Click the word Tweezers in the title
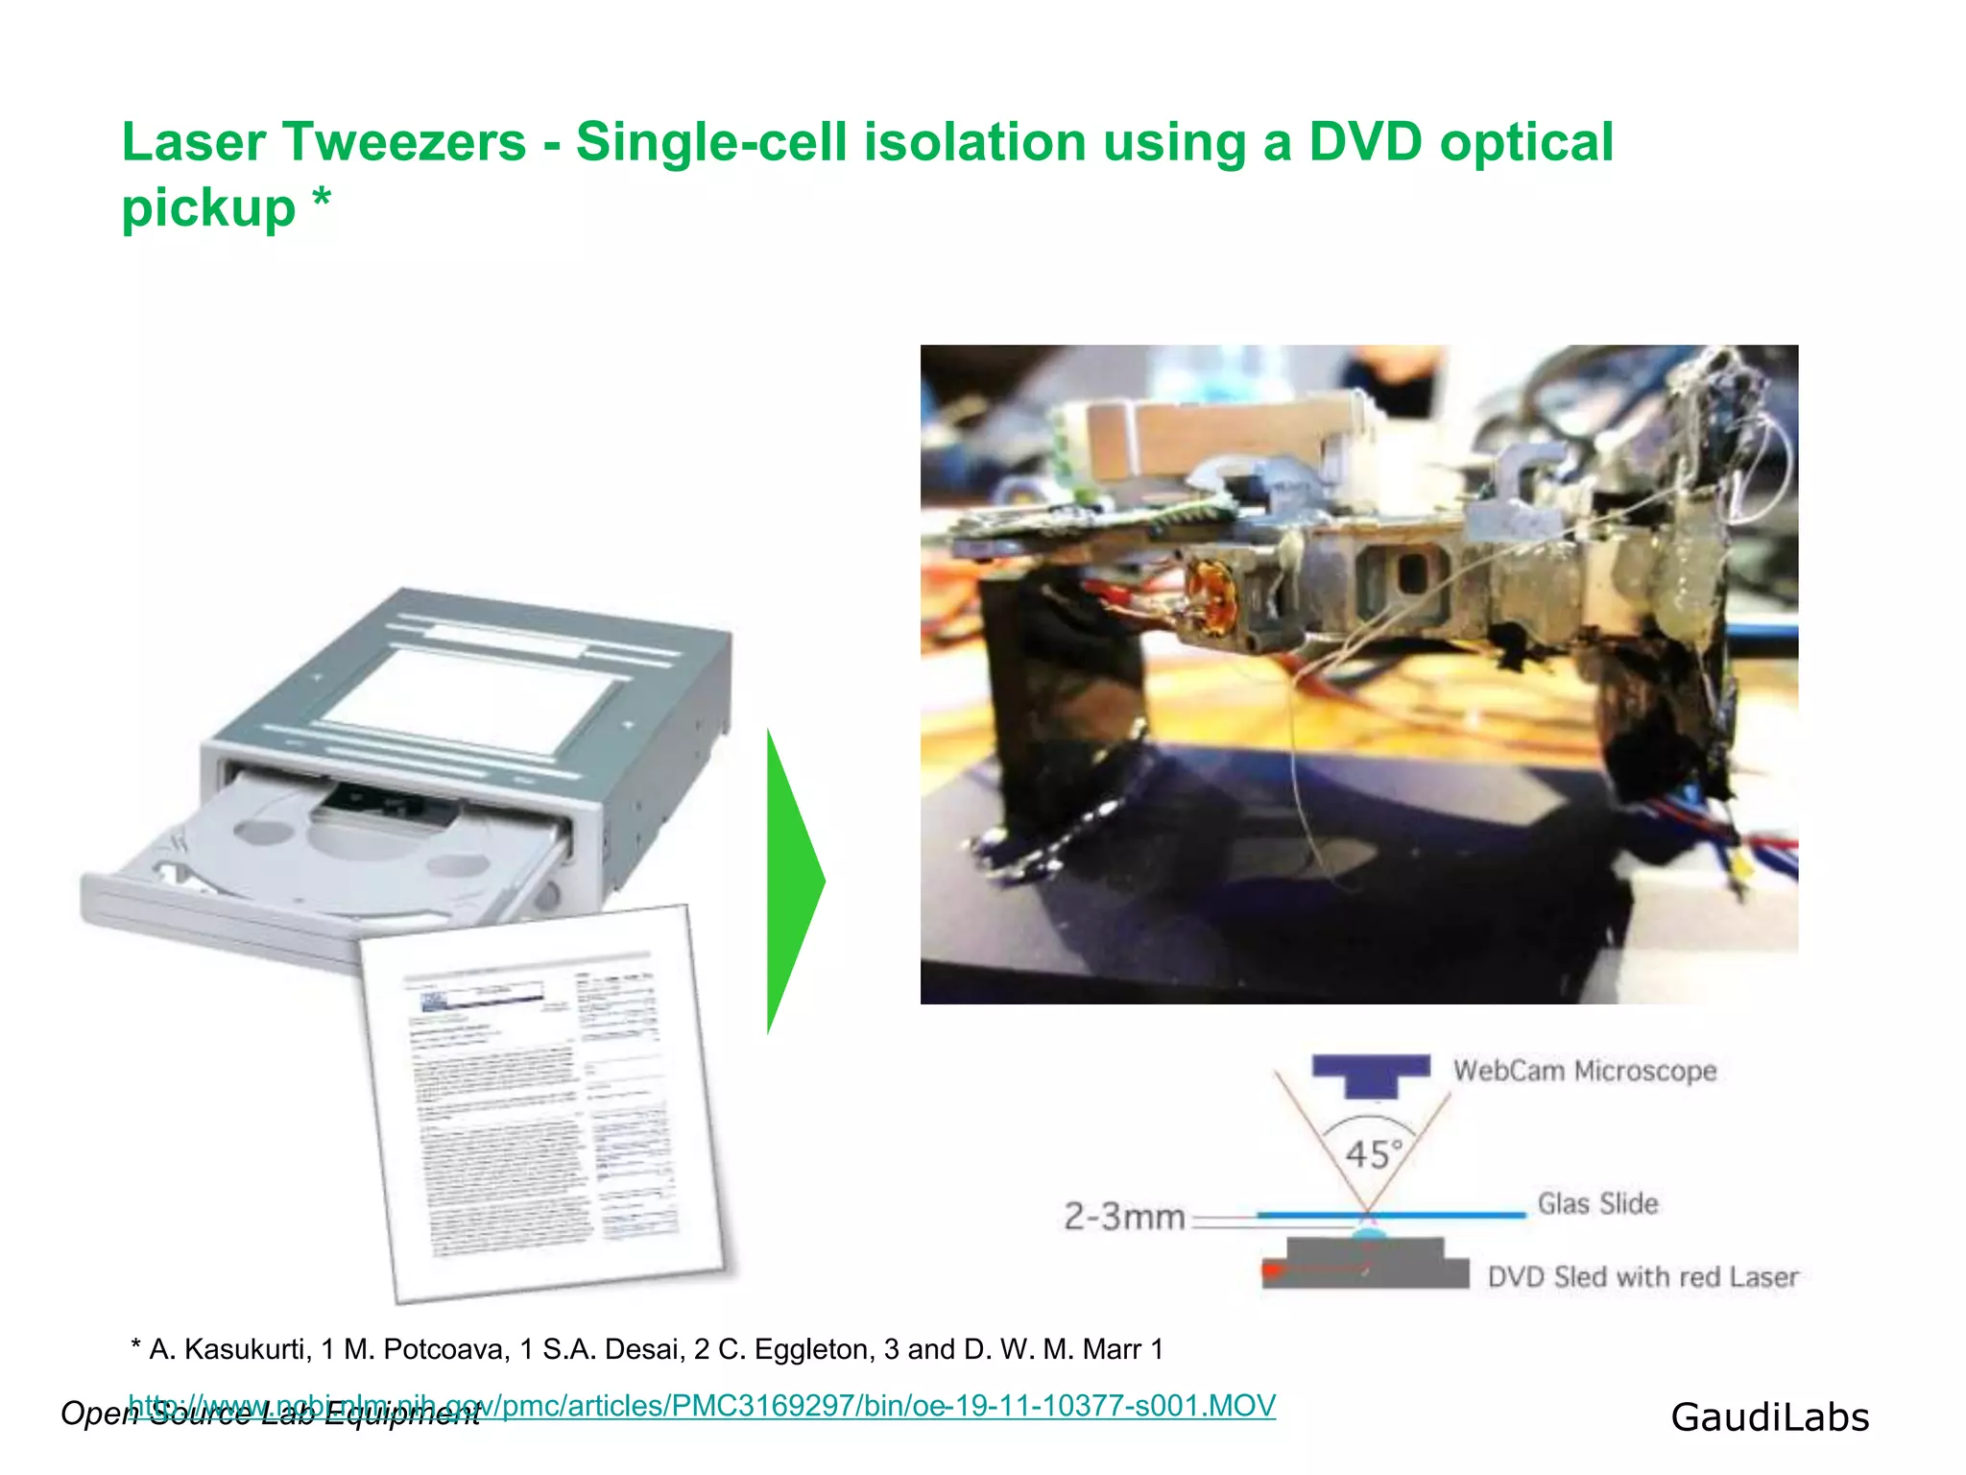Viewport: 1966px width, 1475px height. pos(403,143)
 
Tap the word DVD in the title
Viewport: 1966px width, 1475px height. pos(1364,143)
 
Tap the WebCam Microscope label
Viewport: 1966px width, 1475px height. pos(1584,1071)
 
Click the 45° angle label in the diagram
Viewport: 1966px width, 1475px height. pos(1374,1153)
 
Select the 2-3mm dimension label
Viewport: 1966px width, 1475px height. pos(1124,1217)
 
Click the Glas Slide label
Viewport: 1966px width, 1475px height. pos(1597,1203)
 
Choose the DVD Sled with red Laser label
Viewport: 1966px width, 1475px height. pos(1642,1277)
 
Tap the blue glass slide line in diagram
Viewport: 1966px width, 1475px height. pos(1440,1215)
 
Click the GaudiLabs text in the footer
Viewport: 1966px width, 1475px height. pos(1769,1417)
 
